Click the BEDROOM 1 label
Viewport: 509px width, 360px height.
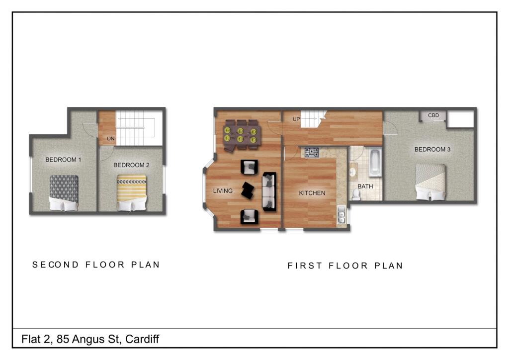pos(63,160)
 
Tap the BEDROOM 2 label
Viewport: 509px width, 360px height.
pos(131,165)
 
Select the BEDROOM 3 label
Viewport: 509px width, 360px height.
pos(432,149)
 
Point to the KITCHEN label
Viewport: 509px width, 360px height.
pos(312,193)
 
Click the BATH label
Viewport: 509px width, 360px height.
pos(365,186)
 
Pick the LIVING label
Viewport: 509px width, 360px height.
pos(223,190)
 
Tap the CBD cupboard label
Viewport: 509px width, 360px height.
pos(433,115)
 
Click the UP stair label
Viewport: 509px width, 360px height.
pos(296,119)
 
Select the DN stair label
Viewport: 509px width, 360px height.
pos(111,139)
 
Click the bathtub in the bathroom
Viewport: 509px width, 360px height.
pos(374,162)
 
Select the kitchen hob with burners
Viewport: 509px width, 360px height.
pos(312,152)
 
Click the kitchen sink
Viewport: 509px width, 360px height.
pos(341,215)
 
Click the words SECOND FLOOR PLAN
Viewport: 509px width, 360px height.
pos(96,265)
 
